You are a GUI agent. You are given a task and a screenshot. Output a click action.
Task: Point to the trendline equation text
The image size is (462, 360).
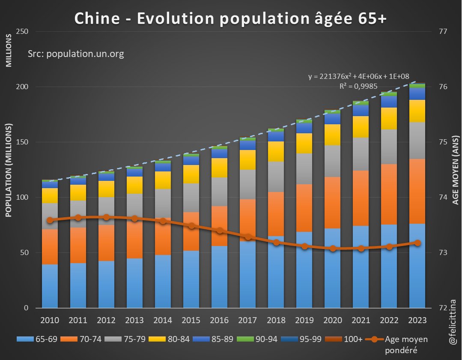point(358,77)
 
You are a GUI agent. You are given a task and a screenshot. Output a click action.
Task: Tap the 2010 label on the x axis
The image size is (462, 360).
point(50,320)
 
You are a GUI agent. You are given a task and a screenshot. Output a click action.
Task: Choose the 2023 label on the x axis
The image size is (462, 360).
point(417,320)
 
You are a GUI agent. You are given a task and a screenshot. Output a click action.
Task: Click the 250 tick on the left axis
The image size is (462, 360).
point(22,32)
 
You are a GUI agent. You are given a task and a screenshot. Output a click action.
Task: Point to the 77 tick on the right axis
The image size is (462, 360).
point(443,32)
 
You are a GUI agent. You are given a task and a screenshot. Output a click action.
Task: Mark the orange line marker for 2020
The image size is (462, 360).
point(333,248)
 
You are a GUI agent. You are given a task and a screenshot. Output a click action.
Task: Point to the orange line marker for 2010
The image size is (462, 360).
point(50,220)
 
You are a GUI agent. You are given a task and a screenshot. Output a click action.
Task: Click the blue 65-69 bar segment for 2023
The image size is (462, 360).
point(417,266)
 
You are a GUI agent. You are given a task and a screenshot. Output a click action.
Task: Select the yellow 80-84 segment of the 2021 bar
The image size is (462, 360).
point(361,127)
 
